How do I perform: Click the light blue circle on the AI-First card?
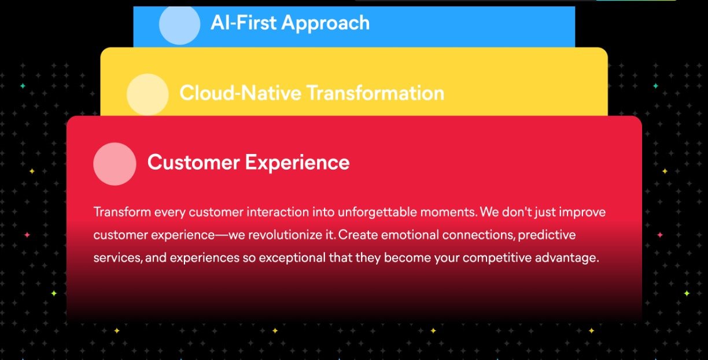(x=179, y=24)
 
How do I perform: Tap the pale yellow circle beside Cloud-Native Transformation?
(x=147, y=94)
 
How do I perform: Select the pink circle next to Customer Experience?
(x=115, y=164)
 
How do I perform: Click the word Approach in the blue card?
(x=326, y=24)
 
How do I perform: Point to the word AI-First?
(x=244, y=23)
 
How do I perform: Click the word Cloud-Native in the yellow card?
(x=241, y=93)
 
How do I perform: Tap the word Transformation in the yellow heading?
(x=375, y=93)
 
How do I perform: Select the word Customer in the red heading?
(x=194, y=163)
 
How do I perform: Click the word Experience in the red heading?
(x=297, y=163)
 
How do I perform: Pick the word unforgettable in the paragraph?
(x=377, y=212)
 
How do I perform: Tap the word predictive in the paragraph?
(x=547, y=236)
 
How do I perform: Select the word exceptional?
(x=292, y=258)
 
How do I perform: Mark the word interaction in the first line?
(x=278, y=212)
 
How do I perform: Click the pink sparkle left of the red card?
(x=27, y=235)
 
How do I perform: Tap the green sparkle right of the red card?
(x=687, y=293)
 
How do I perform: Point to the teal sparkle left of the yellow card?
(x=23, y=86)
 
